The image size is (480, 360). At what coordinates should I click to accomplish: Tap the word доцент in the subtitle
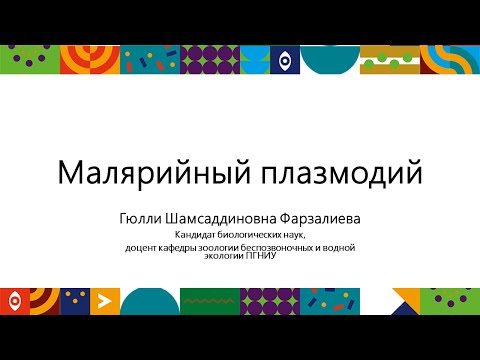point(141,246)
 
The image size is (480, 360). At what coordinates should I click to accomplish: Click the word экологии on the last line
point(224,255)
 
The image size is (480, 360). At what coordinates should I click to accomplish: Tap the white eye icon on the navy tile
point(285,61)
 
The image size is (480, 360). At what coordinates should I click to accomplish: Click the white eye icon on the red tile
point(13,299)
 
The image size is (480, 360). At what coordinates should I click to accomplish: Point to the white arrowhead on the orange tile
point(100,299)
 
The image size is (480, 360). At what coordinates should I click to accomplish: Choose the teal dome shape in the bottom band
point(150,301)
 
